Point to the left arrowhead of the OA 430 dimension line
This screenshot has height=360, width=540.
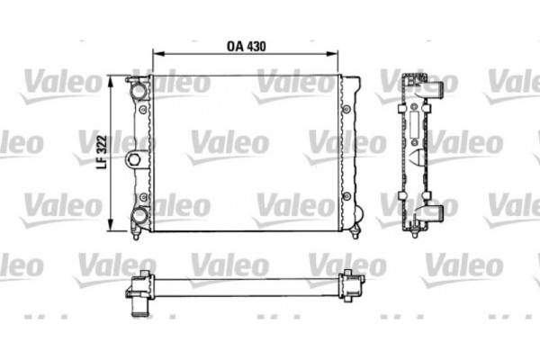[x=157, y=54]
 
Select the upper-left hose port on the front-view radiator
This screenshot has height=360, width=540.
[x=138, y=90]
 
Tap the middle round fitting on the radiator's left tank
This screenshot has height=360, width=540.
[x=135, y=160]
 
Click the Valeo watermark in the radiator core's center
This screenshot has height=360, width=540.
[x=228, y=142]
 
